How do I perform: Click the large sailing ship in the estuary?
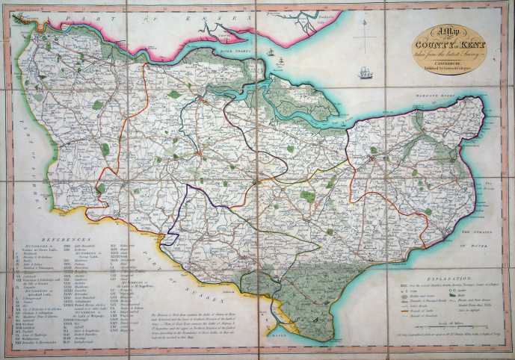(365, 73)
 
